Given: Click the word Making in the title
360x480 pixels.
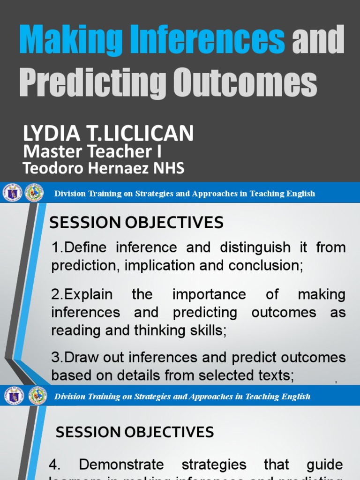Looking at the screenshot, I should coord(61,41).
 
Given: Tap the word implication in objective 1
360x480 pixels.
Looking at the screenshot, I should coord(162,265).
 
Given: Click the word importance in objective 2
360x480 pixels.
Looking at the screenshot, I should coord(209,294).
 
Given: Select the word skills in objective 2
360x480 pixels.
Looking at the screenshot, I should coord(206,330).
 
